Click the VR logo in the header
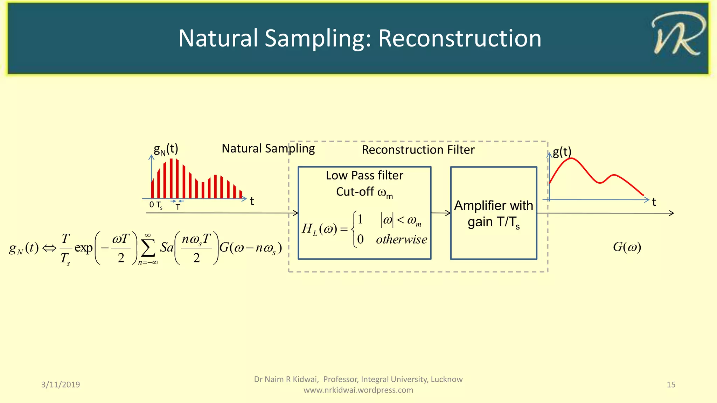pyautogui.click(x=678, y=34)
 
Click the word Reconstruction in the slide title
pyautogui.click(x=460, y=38)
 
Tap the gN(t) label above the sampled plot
pyautogui.click(x=166, y=149)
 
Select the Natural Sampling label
pyautogui.click(x=268, y=148)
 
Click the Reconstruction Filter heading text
pyautogui.click(x=418, y=150)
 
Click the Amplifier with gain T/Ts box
pyautogui.click(x=493, y=213)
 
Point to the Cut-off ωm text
pyautogui.click(x=364, y=192)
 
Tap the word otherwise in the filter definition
pyautogui.click(x=401, y=240)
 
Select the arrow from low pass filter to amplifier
pyautogui.click(x=440, y=213)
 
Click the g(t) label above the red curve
pyautogui.click(x=562, y=152)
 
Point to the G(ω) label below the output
pyautogui.click(x=627, y=247)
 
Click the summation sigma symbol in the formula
pyautogui.click(x=148, y=249)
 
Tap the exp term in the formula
pyautogui.click(x=83, y=248)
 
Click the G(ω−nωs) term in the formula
pyautogui.click(x=250, y=248)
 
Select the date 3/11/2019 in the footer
pyautogui.click(x=61, y=384)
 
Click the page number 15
pyautogui.click(x=671, y=384)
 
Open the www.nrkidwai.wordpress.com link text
pyautogui.click(x=358, y=390)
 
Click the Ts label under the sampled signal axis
pyautogui.click(x=159, y=205)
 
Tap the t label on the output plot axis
pyautogui.click(x=654, y=202)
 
